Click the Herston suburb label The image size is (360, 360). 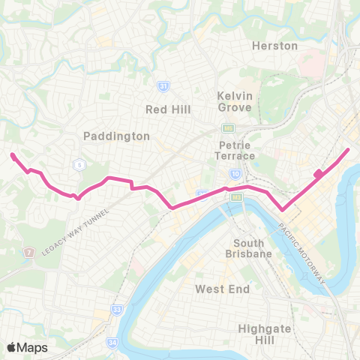pyautogui.click(x=274, y=46)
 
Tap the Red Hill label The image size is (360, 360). pyautogui.click(x=168, y=109)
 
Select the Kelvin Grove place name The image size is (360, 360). pyautogui.click(x=235, y=102)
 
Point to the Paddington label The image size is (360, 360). pyautogui.click(x=116, y=136)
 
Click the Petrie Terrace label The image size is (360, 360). pyautogui.click(x=235, y=150)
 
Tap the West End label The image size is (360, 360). pyautogui.click(x=219, y=288)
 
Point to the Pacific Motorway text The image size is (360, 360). pyautogui.click(x=303, y=252)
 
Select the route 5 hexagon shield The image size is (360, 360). pyautogui.click(x=77, y=164)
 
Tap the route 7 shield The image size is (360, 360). pyautogui.click(x=29, y=252)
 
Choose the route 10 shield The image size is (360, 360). pyautogui.click(x=235, y=174)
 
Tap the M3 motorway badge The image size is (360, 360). pyautogui.click(x=237, y=197)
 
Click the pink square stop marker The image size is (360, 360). pyautogui.click(x=318, y=174)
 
